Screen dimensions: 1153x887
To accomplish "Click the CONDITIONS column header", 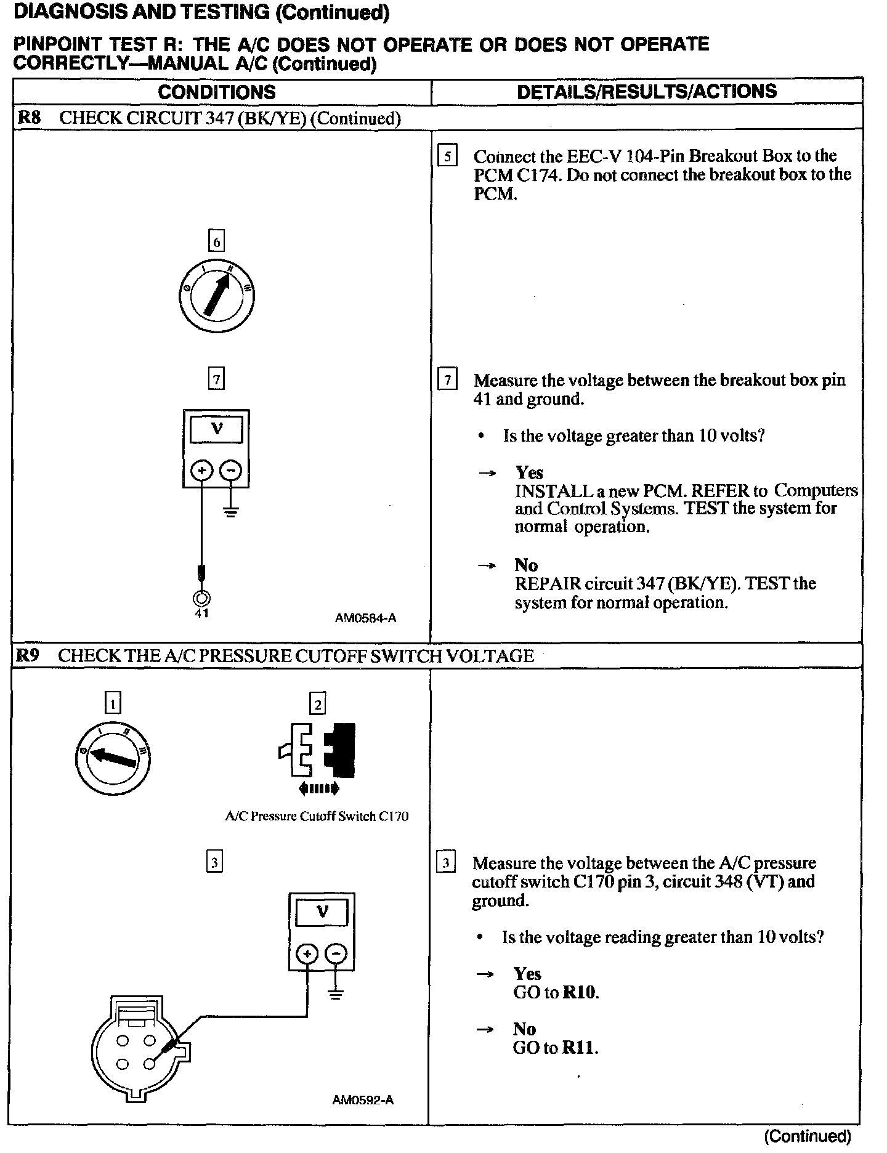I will pos(217,92).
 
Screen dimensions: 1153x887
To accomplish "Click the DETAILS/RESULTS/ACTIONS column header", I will pos(647,92).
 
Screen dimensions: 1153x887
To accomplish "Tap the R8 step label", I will pos(28,118).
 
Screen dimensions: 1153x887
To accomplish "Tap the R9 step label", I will pos(28,655).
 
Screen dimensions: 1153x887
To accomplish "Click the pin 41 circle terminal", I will pos(202,597).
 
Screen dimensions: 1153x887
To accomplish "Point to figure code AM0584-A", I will pos(365,618).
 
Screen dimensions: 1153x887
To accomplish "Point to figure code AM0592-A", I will pos(363,1100).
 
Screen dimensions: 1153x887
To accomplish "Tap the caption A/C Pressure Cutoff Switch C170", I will pos(317,817).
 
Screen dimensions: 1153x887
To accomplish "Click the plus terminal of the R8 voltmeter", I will pos(201,471).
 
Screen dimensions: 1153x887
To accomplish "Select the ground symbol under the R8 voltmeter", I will pos(231,511).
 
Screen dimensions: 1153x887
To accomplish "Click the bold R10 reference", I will pos(580,993).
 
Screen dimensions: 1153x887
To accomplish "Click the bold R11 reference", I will pos(580,1048).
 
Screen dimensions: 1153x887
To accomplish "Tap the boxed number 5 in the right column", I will pos(447,156).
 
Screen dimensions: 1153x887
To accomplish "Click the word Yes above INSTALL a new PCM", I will pos(529,472).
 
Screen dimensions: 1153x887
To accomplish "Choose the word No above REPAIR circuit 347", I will pos(526,565).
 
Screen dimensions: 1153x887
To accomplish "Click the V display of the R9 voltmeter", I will pos(322,912).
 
